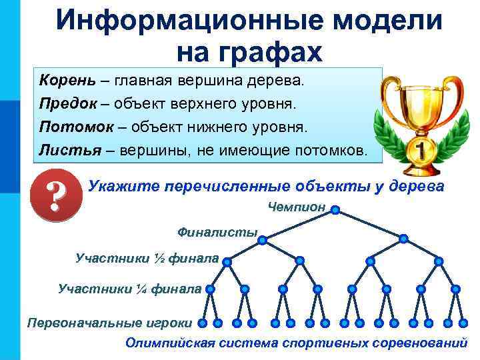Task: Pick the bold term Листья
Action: coord(65,150)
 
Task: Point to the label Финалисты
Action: coord(217,232)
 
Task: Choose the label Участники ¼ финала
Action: coord(129,289)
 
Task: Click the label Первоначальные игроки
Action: coord(109,323)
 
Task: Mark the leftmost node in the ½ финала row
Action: coord(228,262)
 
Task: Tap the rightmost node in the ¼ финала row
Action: coord(455,289)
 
